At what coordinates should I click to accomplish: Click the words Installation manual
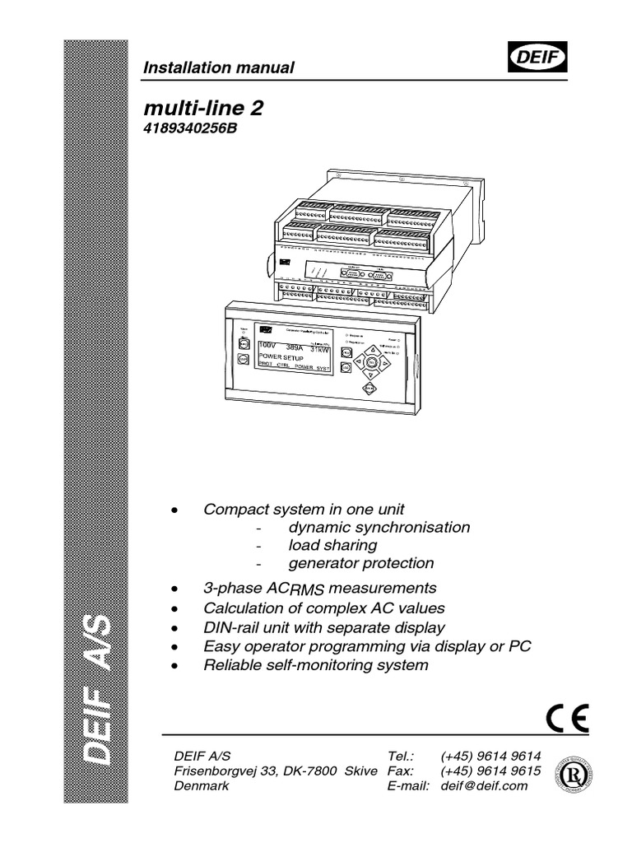tap(219, 68)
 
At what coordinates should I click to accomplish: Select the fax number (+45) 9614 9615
tap(490, 770)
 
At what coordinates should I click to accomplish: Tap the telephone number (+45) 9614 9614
tap(490, 754)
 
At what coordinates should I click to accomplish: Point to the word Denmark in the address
tap(202, 785)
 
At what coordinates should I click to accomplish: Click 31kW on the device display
tap(314, 347)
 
